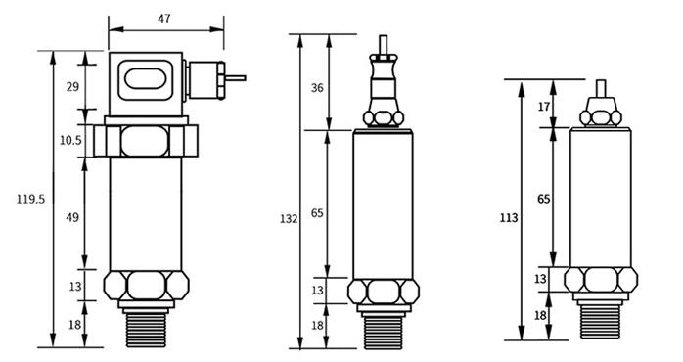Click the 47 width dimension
164,19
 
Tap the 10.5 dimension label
70,141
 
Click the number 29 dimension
72,88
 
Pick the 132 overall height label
289,220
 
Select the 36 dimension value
316,88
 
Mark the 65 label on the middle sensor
316,213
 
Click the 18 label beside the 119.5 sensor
72,324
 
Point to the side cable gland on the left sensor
205,78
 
